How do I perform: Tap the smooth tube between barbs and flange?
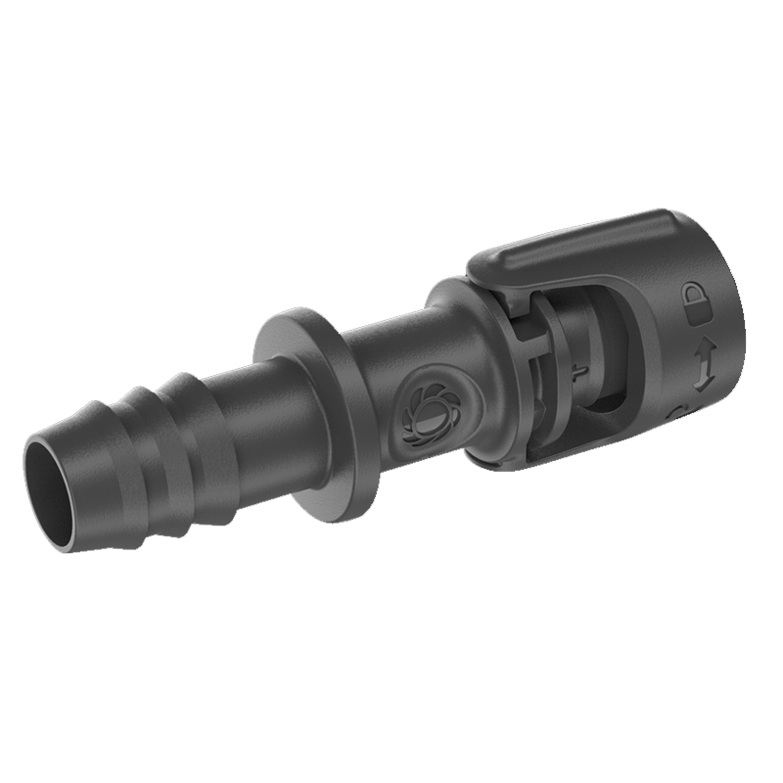click(x=259, y=411)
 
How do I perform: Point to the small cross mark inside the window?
click(x=578, y=371)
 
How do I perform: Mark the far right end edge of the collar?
click(x=729, y=323)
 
